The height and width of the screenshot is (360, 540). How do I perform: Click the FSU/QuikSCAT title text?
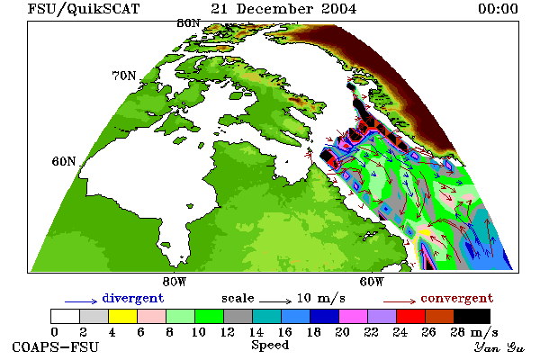tap(84, 9)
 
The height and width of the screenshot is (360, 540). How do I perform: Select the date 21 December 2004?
tap(283, 9)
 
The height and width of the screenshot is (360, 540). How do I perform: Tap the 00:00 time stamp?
tap(498, 9)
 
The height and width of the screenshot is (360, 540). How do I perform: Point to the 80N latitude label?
tap(188, 23)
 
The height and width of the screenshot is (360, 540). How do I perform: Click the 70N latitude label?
tap(124, 76)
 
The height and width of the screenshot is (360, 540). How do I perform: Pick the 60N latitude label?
tap(64, 161)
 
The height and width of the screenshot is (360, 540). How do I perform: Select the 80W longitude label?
tap(175, 282)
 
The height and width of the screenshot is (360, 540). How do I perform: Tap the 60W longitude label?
tap(372, 282)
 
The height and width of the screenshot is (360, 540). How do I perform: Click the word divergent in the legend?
tap(133, 298)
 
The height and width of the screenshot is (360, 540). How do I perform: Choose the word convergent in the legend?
tap(457, 298)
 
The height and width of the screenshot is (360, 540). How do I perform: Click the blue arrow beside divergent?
tap(81, 301)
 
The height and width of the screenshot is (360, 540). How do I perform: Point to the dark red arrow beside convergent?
tap(400, 301)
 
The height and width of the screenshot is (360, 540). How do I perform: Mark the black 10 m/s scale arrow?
tap(275, 301)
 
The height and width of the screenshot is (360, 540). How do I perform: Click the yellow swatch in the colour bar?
tap(123, 316)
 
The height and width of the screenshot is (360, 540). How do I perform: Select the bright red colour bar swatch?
tap(411, 316)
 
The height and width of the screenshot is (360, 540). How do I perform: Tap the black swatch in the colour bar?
tap(472, 316)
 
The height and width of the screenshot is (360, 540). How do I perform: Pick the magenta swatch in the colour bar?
tap(354, 316)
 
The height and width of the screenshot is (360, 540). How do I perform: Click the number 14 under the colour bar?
tap(256, 332)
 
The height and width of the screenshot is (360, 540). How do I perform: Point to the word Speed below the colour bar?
tap(270, 346)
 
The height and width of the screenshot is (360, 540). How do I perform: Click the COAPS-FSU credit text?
tap(56, 346)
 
